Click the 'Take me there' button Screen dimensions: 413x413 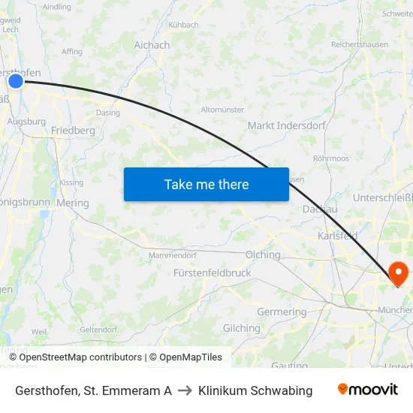[206, 184]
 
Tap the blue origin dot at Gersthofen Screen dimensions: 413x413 [16, 80]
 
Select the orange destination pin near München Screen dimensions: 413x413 [397, 273]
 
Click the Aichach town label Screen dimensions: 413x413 [152, 45]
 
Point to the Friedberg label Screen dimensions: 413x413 [73, 130]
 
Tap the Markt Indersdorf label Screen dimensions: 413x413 [286, 125]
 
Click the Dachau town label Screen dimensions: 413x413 [319, 210]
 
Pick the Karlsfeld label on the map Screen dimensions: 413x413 [337, 236]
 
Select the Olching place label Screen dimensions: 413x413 [262, 255]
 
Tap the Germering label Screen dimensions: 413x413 [282, 312]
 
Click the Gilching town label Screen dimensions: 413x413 [241, 328]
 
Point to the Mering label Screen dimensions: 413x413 [72, 203]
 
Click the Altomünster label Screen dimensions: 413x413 [222, 110]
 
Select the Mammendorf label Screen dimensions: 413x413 [172, 255]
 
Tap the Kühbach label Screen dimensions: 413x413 [183, 25]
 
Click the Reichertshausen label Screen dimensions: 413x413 [360, 44]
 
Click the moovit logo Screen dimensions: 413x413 [367, 390]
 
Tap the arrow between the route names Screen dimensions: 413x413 [185, 390]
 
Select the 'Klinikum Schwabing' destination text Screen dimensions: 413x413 [255, 390]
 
